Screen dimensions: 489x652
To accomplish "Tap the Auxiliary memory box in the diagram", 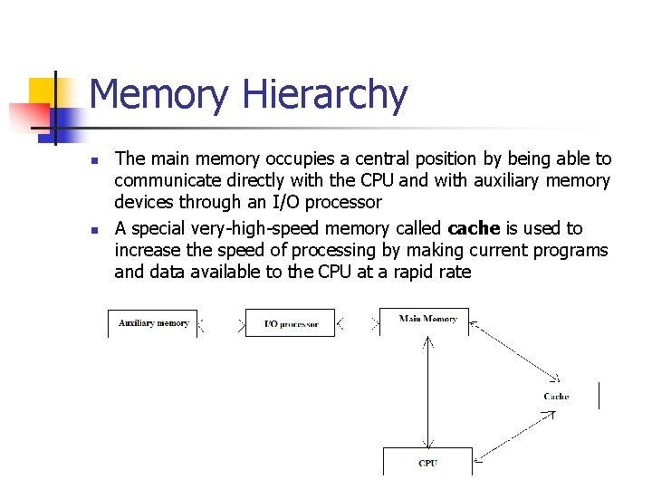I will tap(153, 323).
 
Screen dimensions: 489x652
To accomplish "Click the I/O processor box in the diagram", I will tap(290, 323).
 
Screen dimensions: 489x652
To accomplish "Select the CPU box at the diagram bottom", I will tap(428, 461).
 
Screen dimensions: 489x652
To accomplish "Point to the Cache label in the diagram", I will tap(556, 397).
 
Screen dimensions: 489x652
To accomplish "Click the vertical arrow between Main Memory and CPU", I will tap(427, 389).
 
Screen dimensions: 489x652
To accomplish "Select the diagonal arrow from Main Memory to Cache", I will tap(516, 353).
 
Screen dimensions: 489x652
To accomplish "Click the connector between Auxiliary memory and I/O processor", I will tap(222, 323).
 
